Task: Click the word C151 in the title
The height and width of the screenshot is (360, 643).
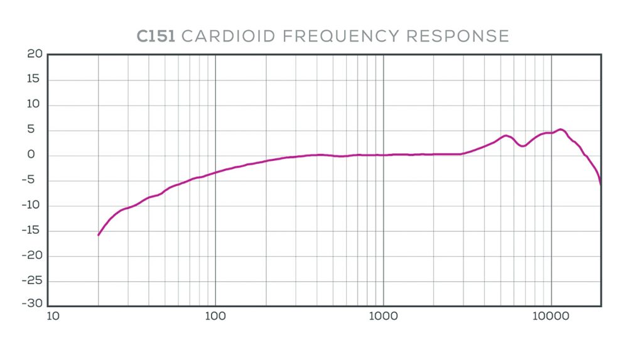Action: [x=156, y=36]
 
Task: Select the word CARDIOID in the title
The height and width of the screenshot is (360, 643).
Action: [x=228, y=36]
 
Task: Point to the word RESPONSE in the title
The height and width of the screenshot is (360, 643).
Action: [x=458, y=36]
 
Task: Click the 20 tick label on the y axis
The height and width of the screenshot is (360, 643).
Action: [x=35, y=54]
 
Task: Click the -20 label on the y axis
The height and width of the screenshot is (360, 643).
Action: [x=32, y=256]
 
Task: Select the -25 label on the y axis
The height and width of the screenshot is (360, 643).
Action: [x=32, y=281]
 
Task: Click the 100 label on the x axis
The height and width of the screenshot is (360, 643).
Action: [x=215, y=316]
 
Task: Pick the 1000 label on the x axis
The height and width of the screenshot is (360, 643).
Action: [x=383, y=316]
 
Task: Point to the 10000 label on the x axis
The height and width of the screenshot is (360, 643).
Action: [x=551, y=316]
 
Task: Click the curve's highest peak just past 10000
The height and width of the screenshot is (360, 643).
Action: [x=561, y=129]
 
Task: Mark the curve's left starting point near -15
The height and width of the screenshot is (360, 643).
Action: [x=99, y=235]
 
